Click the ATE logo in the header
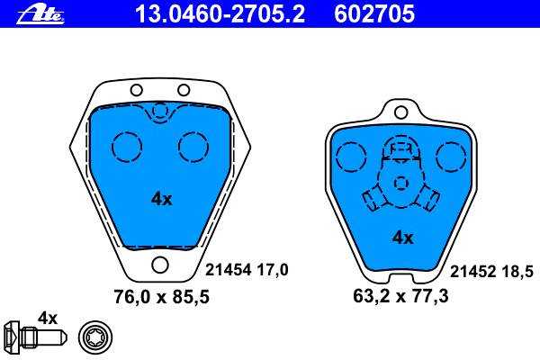click(40, 15)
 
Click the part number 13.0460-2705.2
click(220, 14)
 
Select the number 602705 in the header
click(374, 14)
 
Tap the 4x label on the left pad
click(161, 199)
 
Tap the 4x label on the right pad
click(402, 238)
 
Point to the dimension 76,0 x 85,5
click(161, 297)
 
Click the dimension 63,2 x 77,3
click(400, 296)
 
